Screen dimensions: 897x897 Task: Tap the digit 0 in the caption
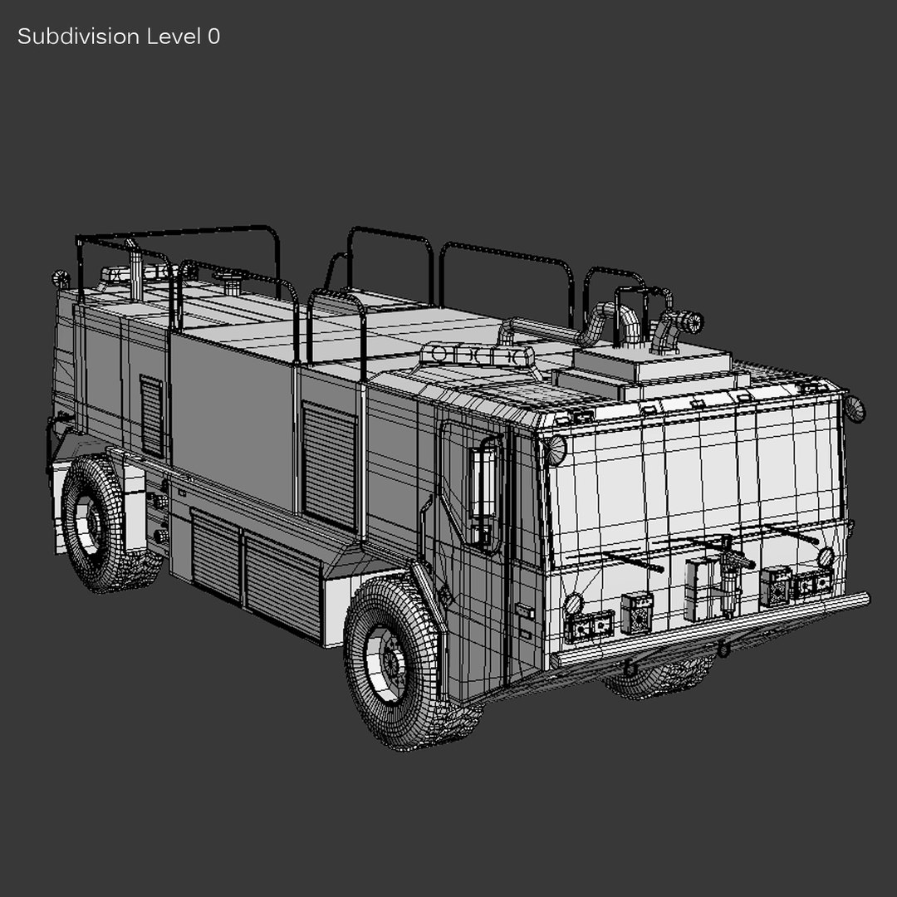pyautogui.click(x=213, y=37)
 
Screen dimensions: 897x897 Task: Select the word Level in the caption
pyautogui.click(x=173, y=37)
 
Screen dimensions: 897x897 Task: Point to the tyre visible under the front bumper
pyautogui.click(x=660, y=677)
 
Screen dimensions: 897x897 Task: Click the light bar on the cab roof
pyautogui.click(x=478, y=355)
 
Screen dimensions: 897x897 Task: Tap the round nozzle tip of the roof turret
pyautogui.click(x=691, y=321)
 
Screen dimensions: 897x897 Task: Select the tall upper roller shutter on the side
pyautogui.click(x=329, y=465)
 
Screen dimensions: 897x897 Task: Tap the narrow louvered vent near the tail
pyautogui.click(x=151, y=415)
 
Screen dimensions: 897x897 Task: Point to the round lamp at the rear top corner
pyautogui.click(x=60, y=278)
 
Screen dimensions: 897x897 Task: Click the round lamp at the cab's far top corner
pyautogui.click(x=855, y=409)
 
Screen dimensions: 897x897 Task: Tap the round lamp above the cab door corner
pyautogui.click(x=555, y=449)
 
